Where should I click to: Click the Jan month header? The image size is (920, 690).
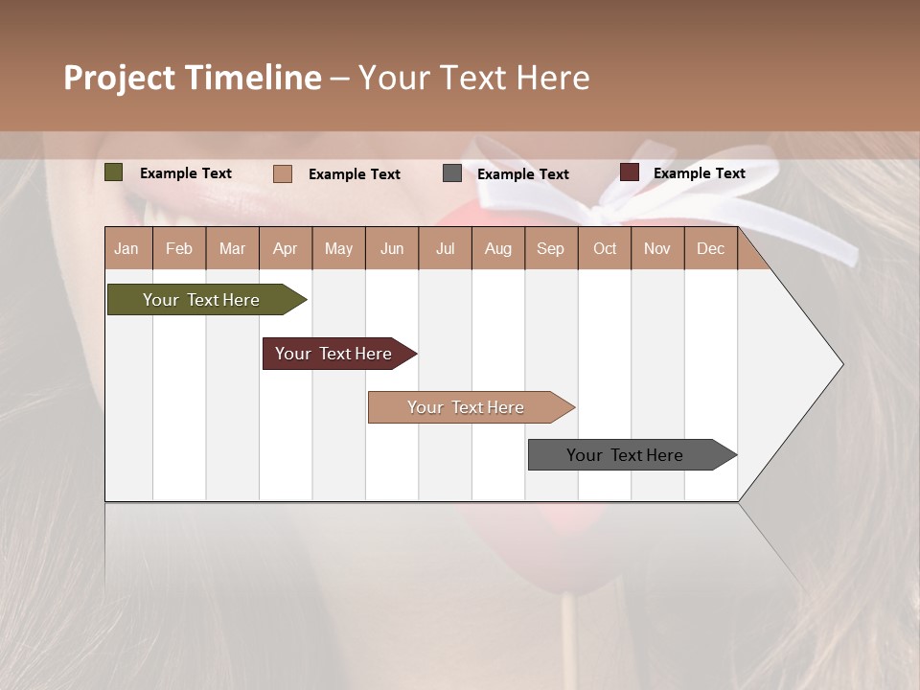click(126, 249)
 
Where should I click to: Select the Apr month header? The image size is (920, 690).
click(285, 249)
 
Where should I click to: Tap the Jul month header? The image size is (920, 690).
click(445, 249)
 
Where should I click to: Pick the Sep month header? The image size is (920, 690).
click(550, 249)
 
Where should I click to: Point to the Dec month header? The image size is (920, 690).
click(710, 249)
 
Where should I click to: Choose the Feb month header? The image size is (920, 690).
click(179, 249)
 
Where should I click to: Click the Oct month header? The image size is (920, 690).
click(605, 249)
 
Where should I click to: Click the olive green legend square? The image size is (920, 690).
click(114, 172)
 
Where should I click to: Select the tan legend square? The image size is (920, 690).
click(283, 173)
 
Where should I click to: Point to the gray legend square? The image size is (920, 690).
click(452, 173)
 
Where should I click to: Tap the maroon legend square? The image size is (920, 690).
click(629, 172)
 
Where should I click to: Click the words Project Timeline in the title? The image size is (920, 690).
click(192, 78)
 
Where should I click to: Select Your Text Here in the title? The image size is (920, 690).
click(473, 78)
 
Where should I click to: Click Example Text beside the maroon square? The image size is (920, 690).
click(699, 173)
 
